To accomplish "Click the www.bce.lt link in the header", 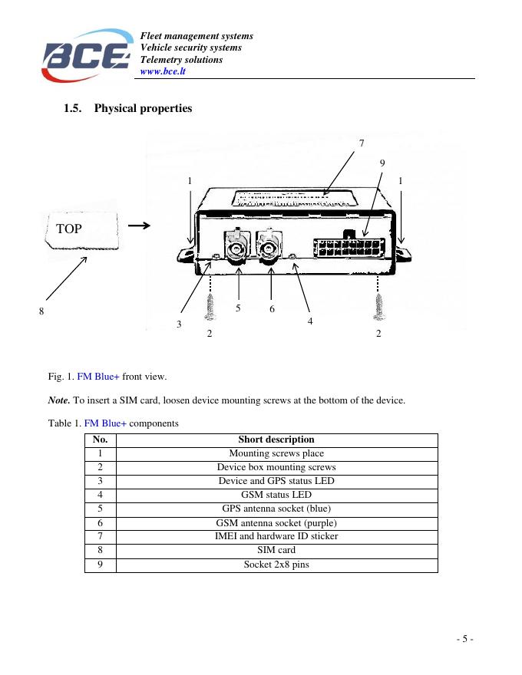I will click(x=163, y=72).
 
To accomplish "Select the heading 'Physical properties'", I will click(x=143, y=108).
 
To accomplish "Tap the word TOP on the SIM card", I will click(x=69, y=229).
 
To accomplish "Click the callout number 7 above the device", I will click(x=362, y=143).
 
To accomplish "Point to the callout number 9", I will click(x=382, y=163).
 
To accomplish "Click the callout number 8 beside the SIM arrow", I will click(x=41, y=311).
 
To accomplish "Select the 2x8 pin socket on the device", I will click(x=349, y=247).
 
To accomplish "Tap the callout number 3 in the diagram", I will click(x=179, y=324).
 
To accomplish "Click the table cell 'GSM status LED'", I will click(x=276, y=495).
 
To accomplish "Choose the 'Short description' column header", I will click(x=276, y=440).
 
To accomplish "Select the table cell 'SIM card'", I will click(x=276, y=550).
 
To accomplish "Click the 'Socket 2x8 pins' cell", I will click(x=276, y=565).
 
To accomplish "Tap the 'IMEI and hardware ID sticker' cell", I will click(x=276, y=536).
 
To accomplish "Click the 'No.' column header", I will click(x=100, y=440).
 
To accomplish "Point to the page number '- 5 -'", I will click(x=464, y=639).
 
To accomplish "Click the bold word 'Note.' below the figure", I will click(x=59, y=400).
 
